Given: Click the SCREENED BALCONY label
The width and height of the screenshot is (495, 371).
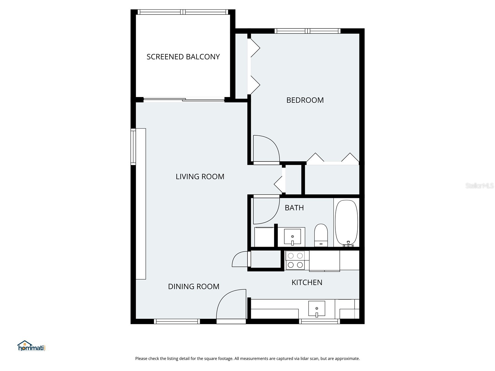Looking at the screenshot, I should click(183, 57).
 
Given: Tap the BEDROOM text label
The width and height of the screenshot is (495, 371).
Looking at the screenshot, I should click(305, 100).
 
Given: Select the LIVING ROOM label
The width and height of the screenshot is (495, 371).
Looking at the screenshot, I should click(200, 177).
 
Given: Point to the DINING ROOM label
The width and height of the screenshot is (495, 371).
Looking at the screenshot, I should click(194, 287).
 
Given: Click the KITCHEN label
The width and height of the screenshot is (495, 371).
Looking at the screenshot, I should click(307, 282).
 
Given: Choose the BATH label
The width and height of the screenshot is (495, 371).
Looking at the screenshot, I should click(294, 208).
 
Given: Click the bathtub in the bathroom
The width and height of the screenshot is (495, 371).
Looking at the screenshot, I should click(346, 223).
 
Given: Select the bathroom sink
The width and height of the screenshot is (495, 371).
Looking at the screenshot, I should click(292, 237).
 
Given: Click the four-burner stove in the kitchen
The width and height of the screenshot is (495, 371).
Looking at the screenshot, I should click(295, 260).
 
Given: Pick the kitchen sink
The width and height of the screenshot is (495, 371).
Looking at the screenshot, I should click(316, 309).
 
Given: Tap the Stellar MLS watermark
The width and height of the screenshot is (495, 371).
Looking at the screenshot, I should click(479, 185).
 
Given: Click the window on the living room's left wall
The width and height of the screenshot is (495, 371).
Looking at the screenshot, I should click(133, 147).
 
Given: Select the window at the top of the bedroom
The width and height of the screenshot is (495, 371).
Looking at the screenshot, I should click(307, 31).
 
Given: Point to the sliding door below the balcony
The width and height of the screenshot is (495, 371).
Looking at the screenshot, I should click(184, 100).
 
